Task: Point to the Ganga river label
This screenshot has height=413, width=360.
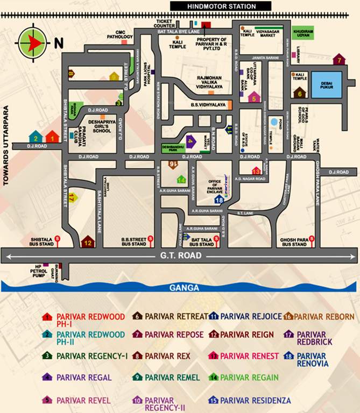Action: coord(185,288)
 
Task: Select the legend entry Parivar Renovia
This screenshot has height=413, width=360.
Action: coord(312,360)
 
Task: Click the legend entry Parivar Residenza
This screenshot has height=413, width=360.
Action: coord(255,400)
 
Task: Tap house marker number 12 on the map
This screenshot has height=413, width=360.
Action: coord(87,243)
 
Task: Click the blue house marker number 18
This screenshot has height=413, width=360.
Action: coord(219,200)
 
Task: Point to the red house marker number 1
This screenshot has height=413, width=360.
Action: coord(52,137)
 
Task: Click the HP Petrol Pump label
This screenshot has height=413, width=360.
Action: coord(36,270)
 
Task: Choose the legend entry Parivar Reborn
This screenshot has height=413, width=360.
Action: coord(323,317)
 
